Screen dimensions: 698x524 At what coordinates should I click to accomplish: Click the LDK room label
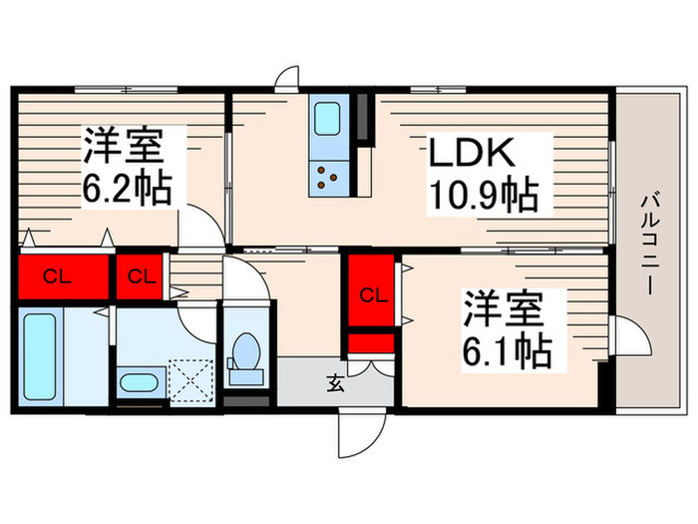tap(471, 153)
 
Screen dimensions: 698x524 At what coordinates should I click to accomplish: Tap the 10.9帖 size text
tap(484, 195)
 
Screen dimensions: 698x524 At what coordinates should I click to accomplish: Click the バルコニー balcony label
tap(649, 243)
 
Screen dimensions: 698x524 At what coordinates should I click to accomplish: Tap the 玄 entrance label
tap(336, 384)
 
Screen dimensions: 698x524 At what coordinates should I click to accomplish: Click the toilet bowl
tap(245, 351)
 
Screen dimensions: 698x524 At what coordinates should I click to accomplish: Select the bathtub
tap(40, 356)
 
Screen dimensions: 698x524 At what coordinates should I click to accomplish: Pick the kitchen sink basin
tap(327, 118)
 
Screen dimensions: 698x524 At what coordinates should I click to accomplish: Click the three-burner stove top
tap(328, 179)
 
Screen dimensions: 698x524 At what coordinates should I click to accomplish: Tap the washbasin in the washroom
tap(138, 382)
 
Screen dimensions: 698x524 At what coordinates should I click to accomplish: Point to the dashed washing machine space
tap(191, 380)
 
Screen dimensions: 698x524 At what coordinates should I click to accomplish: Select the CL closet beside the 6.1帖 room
tap(371, 290)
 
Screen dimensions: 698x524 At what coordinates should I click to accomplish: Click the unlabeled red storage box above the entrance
tap(371, 343)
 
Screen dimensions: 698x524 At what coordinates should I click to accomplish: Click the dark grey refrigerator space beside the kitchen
tap(363, 117)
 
